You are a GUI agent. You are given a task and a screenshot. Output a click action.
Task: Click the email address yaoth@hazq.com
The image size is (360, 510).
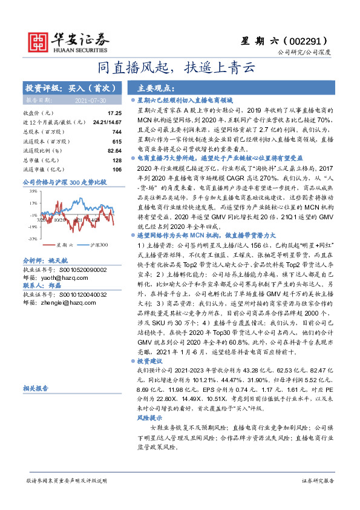50,274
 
